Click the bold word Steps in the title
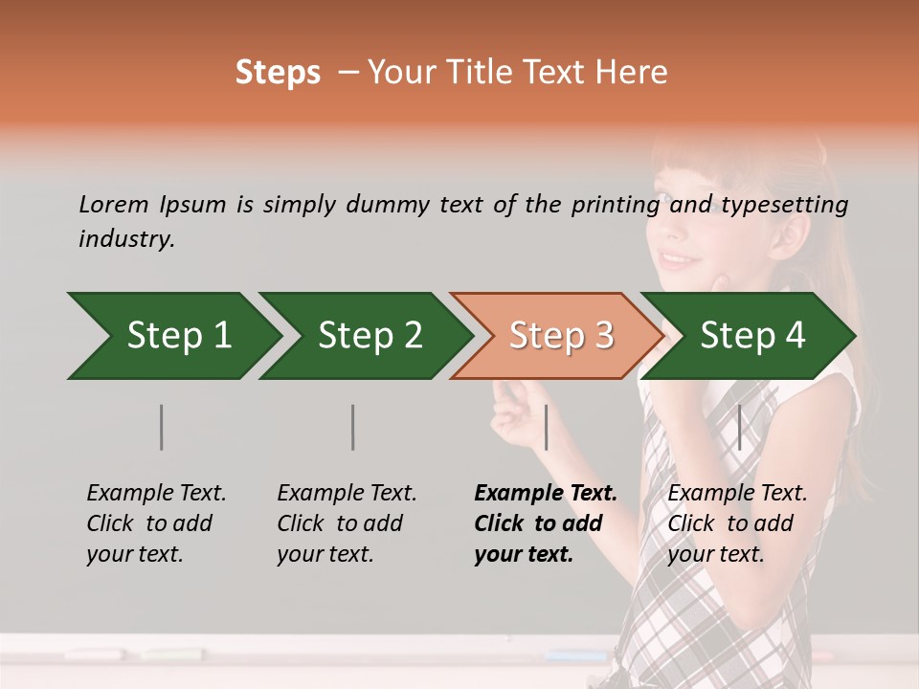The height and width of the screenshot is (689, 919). [x=278, y=73]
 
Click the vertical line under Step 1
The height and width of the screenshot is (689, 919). [x=162, y=427]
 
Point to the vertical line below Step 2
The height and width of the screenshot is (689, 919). [x=353, y=427]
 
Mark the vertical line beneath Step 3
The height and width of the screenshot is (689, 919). [x=546, y=427]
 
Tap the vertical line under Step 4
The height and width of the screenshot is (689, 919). [x=739, y=427]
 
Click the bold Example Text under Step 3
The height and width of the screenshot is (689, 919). [x=546, y=494]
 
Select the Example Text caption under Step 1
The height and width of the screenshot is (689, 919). [x=156, y=494]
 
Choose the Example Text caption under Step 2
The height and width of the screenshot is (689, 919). [x=347, y=494]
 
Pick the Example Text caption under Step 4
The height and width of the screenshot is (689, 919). [x=737, y=494]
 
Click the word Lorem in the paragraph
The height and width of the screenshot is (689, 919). [x=113, y=205]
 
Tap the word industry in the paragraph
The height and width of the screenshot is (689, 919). [x=126, y=239]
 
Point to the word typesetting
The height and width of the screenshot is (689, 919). [x=784, y=205]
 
